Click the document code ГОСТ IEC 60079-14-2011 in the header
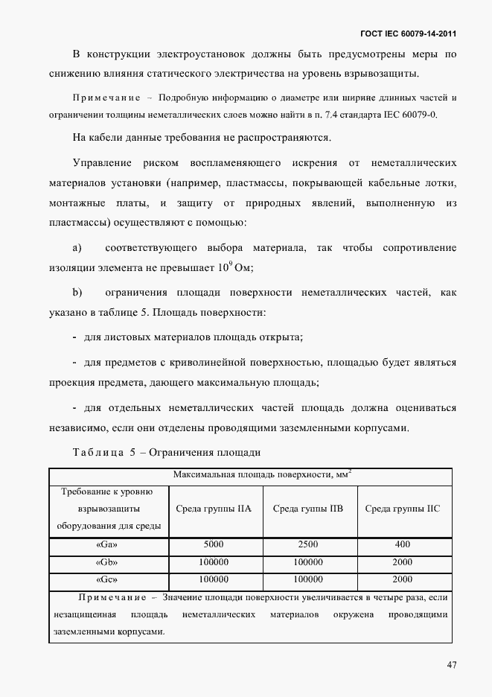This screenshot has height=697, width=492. pyautogui.click(x=408, y=34)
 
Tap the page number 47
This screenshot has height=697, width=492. pyautogui.click(x=452, y=664)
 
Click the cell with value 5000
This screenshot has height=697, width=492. pyautogui.click(x=213, y=544)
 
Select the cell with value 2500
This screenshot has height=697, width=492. pyautogui.click(x=308, y=544)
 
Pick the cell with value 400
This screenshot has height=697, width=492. pyautogui.click(x=402, y=544)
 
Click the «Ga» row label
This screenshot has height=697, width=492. pyautogui.click(x=108, y=544)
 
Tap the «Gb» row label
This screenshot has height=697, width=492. pyautogui.click(x=108, y=561)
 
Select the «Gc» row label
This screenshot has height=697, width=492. pyautogui.click(x=108, y=579)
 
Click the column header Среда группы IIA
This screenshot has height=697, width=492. pyautogui.click(x=213, y=509)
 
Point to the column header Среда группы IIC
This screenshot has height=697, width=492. pyautogui.click(x=402, y=509)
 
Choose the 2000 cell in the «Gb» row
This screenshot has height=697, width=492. pyautogui.click(x=402, y=561)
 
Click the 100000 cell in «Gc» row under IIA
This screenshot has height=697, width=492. pyautogui.click(x=213, y=579)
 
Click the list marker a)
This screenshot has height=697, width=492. pyautogui.click(x=77, y=247)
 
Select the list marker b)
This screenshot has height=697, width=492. pyautogui.click(x=77, y=293)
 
